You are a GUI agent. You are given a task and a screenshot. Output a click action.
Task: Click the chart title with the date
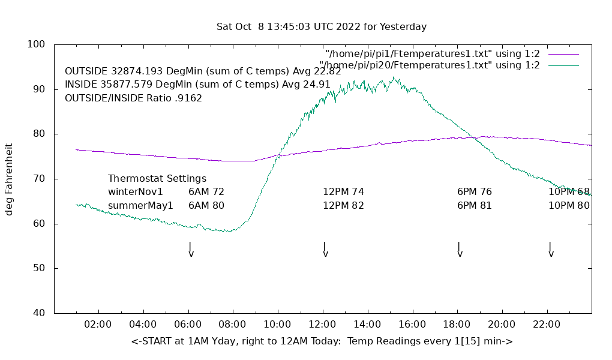322,27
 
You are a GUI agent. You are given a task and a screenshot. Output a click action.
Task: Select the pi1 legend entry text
432,54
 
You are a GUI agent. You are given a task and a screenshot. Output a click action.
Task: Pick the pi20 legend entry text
429,65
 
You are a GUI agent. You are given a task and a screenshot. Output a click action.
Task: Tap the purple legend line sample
563,54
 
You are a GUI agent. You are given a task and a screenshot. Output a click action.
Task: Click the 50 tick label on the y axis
40,268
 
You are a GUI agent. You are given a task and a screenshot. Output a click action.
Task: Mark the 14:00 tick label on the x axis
367,325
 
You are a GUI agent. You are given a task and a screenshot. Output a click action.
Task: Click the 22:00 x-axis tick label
547,325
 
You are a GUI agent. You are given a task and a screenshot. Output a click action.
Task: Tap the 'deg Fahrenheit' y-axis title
10,179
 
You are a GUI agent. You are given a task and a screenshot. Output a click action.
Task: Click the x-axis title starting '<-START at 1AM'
322,341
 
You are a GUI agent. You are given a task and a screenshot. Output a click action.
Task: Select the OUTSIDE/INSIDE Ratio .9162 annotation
133,98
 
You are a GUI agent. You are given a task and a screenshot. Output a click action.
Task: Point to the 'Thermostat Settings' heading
157,179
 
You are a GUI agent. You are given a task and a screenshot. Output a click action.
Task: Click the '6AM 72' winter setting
206,192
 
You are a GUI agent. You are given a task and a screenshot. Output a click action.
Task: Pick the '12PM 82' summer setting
343,205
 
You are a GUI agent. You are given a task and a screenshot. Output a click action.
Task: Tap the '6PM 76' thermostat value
475,192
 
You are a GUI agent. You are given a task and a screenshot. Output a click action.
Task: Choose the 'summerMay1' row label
140,205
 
